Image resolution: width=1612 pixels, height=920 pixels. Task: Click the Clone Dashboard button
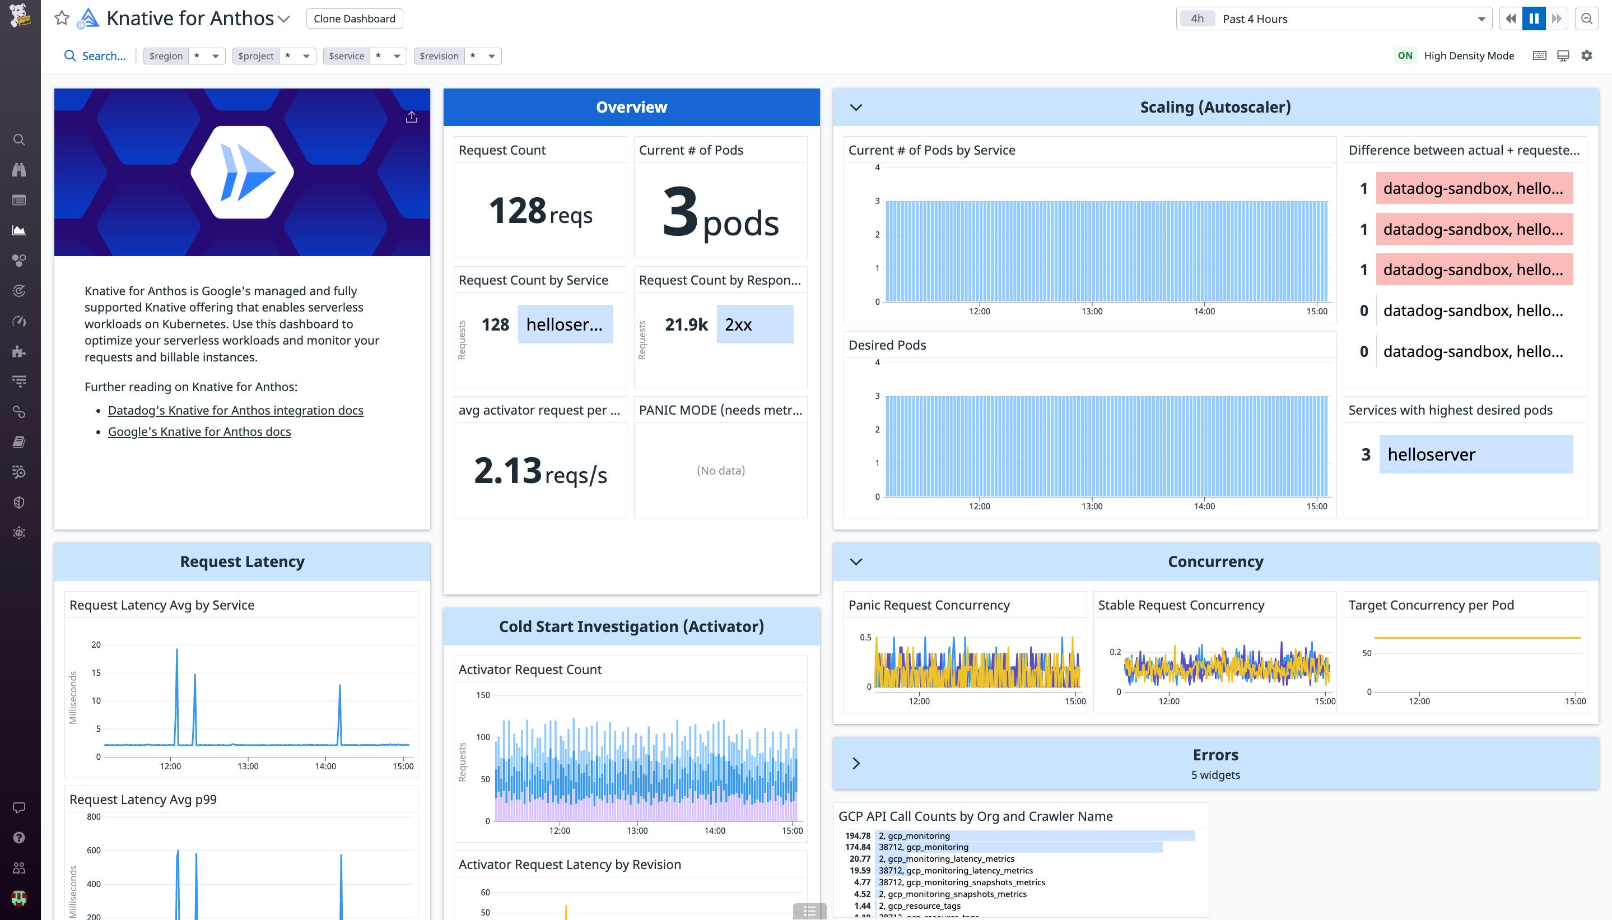(x=355, y=18)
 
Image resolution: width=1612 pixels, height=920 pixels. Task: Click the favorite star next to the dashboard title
(x=61, y=18)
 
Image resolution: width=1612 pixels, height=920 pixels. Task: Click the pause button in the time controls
(x=1534, y=18)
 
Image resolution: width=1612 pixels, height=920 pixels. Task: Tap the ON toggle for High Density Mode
(x=1405, y=55)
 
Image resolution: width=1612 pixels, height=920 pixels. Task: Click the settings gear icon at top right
(x=1587, y=55)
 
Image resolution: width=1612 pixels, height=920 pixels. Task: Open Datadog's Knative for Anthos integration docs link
(x=236, y=410)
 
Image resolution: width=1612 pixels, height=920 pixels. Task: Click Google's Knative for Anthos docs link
(x=199, y=431)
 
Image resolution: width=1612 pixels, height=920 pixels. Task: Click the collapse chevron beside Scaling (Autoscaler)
(x=856, y=108)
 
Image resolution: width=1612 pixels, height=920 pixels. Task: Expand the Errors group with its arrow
(x=856, y=763)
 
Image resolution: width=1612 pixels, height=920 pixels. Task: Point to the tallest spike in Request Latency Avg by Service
(x=177, y=651)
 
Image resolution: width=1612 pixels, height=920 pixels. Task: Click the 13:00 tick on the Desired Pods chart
(x=1092, y=506)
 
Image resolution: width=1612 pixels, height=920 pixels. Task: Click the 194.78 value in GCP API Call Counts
(x=857, y=835)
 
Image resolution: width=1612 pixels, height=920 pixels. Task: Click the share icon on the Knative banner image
(x=411, y=117)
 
